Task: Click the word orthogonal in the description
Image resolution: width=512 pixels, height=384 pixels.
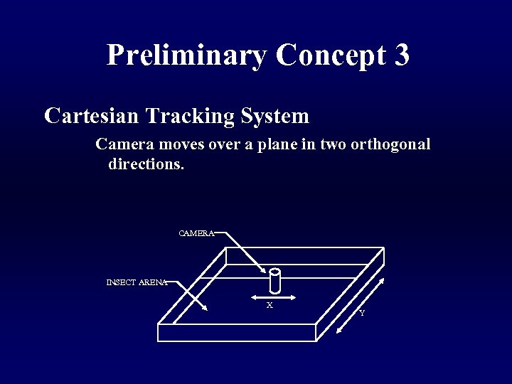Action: [390, 144]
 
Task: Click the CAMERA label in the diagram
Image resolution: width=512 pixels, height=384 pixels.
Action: [196, 233]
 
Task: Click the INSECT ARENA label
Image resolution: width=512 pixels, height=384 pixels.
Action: [137, 282]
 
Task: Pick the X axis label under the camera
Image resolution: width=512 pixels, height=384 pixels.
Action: [270, 305]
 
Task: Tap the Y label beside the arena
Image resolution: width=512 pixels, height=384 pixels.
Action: [362, 313]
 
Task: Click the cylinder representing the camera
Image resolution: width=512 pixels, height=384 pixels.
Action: [276, 281]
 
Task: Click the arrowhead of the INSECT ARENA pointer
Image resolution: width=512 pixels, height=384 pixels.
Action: [204, 309]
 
